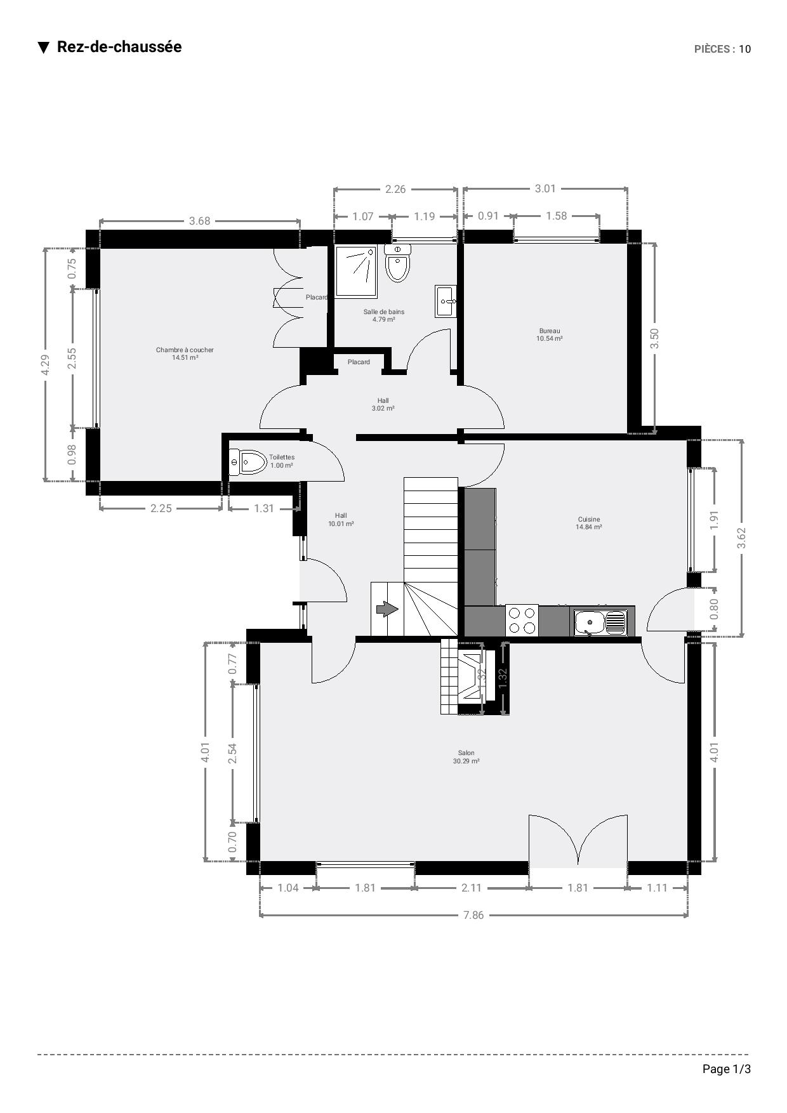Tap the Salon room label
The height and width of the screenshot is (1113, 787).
coord(466,757)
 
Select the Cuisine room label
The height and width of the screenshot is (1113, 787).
coord(589,523)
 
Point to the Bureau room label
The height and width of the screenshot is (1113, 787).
coord(550,334)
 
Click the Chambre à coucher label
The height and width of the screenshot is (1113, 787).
coord(185,353)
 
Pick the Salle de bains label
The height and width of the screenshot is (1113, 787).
coord(383,315)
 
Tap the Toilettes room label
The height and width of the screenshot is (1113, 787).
coord(282,461)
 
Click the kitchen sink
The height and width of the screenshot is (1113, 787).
coord(600,622)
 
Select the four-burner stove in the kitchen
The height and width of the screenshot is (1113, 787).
coord(522,621)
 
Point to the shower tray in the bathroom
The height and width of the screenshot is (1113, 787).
coord(356,272)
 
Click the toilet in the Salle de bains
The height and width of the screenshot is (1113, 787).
coord(397,263)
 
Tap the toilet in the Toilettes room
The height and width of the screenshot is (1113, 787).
coord(248,462)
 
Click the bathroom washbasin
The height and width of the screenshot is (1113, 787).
coord(446,301)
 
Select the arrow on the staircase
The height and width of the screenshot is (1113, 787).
coord(387,609)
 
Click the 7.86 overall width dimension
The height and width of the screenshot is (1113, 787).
coord(473,915)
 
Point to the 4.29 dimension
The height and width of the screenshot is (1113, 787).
coord(45,364)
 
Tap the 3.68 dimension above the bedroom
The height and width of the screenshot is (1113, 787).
coord(199,221)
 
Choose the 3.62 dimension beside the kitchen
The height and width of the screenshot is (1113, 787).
coord(741,538)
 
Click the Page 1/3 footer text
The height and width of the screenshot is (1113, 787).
coord(726,1069)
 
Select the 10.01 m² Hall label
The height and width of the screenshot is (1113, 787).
coord(341,520)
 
